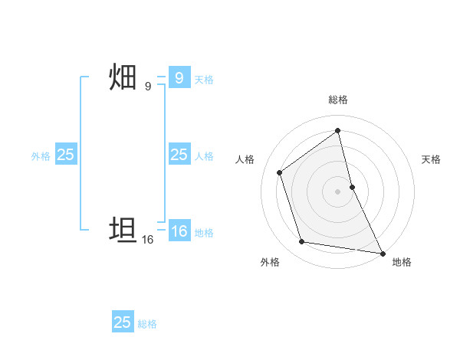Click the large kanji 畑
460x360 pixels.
tap(123, 78)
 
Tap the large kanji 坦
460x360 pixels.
tap(123, 230)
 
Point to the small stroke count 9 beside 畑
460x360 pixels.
tap(148, 87)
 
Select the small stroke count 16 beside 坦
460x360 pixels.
tap(148, 239)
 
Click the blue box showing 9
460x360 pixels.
tap(179, 78)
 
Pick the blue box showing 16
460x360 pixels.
tap(179, 232)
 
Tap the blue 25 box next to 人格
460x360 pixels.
tap(179, 155)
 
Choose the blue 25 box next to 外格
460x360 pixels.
tap(65, 155)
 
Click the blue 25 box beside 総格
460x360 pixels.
tap(122, 322)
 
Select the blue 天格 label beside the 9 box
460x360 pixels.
tap(204, 79)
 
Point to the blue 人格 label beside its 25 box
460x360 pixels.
tap(204, 156)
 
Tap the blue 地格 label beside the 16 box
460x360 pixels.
tap(204, 233)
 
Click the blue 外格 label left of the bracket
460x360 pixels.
tap(41, 156)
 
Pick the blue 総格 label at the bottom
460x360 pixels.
tap(147, 324)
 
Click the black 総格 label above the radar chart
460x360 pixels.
tap(337, 100)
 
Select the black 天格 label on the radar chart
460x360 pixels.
tap(431, 159)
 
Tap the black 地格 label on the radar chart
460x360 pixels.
tap(402, 262)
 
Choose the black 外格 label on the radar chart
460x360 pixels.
tap(270, 262)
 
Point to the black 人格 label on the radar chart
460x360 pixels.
tap(245, 159)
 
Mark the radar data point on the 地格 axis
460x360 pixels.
tap(382, 253)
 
